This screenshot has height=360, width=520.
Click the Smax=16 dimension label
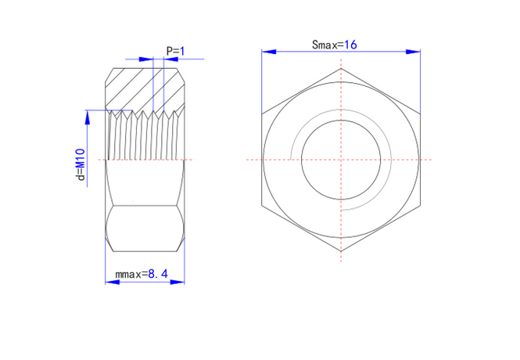click(x=335, y=45)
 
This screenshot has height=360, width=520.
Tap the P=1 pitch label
click(x=175, y=51)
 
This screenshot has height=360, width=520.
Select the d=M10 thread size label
click(x=81, y=164)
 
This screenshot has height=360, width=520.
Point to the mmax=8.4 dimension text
click(x=142, y=274)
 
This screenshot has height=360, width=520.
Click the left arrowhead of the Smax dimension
click(x=269, y=52)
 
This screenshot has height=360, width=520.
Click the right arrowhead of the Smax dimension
click(x=413, y=52)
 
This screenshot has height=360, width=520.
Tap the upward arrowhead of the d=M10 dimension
click(x=88, y=117)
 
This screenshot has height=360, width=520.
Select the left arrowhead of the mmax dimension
click(x=113, y=282)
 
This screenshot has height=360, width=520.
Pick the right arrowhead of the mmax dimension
click(x=178, y=282)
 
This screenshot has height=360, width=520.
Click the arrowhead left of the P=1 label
click(x=146, y=59)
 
